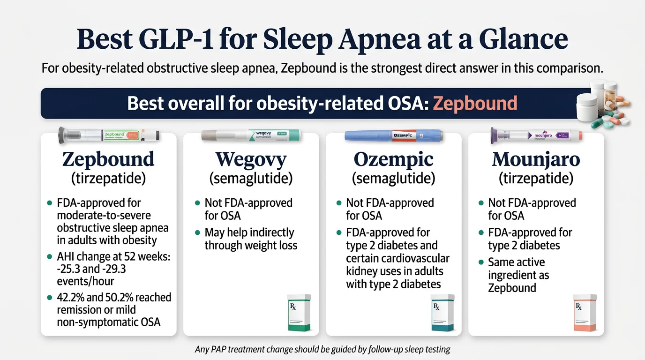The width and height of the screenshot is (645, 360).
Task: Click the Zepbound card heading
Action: tap(108, 160)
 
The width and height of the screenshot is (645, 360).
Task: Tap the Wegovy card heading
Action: tap(251, 160)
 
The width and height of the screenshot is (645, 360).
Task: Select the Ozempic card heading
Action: tap(394, 160)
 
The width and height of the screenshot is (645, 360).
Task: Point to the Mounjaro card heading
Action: tap(536, 160)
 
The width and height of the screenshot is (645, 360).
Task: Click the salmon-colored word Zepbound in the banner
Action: tap(475, 103)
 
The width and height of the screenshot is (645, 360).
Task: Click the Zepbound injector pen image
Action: tap(109, 135)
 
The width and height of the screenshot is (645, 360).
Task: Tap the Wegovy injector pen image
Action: tap(251, 135)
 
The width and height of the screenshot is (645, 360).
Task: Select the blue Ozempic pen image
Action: tap(394, 135)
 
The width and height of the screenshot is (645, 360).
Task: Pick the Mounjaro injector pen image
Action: tap(536, 135)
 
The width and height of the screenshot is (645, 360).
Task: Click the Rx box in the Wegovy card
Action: tap(299, 313)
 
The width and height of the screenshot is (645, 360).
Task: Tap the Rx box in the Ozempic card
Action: tap(442, 313)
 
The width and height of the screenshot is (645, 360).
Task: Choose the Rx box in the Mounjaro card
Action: tap(585, 313)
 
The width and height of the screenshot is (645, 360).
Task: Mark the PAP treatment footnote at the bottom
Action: tap(322, 350)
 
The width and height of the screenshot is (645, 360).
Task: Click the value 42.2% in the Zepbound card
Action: tap(72, 298)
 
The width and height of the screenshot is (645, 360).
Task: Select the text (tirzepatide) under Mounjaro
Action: tap(536, 179)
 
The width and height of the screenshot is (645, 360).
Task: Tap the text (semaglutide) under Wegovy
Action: tap(251, 179)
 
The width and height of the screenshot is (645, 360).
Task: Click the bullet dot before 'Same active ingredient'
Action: tap(480, 262)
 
